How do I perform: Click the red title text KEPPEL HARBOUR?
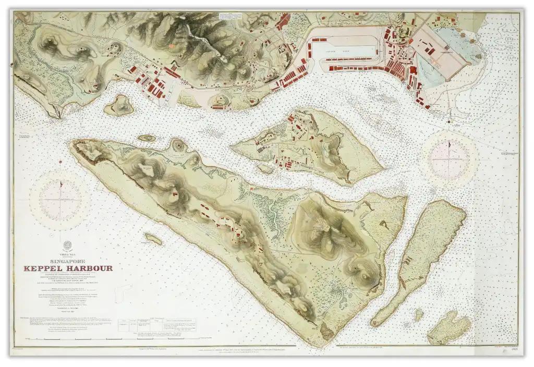(67, 268)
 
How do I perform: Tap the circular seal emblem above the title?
(67, 246)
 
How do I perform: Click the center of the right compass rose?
(450, 155)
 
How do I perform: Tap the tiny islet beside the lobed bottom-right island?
(419, 314)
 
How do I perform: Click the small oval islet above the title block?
(153, 239)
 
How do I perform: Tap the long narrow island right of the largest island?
(417, 261)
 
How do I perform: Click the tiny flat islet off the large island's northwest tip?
(147, 138)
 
